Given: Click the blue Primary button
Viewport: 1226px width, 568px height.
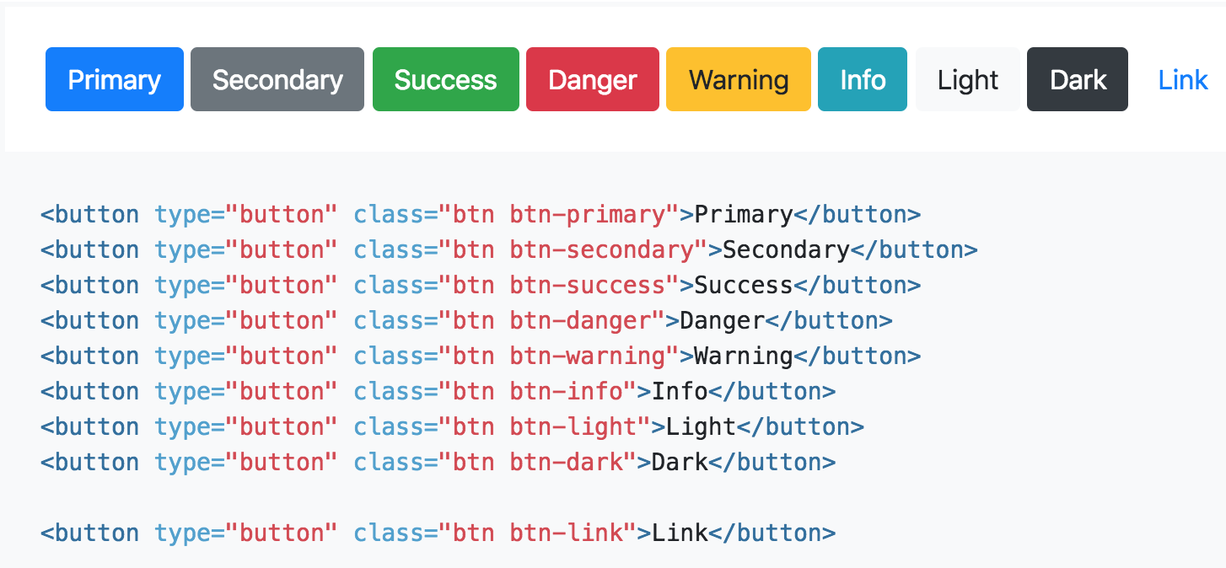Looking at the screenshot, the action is [x=114, y=79].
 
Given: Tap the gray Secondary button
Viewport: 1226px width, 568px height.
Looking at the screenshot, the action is [x=277, y=79].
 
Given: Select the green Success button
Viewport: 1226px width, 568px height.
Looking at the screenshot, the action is [x=445, y=79].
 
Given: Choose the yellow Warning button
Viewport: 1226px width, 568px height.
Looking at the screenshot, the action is [x=739, y=79].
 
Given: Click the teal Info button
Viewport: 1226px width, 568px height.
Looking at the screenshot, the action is [x=863, y=79].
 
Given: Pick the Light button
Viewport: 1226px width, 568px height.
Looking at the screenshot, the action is [x=968, y=79].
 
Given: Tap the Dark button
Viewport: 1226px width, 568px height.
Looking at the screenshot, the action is [x=1078, y=79].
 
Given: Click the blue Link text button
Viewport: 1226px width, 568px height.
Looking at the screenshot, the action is [x=1183, y=79].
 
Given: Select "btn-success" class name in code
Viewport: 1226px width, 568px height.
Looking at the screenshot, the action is [x=588, y=286].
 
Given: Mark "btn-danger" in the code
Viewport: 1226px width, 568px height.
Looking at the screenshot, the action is [x=580, y=321].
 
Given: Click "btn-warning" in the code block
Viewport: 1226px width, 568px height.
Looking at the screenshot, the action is [x=588, y=356].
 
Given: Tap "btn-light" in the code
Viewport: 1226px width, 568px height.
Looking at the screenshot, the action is [x=573, y=427].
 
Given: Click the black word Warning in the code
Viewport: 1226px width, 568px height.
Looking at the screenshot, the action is [x=744, y=356].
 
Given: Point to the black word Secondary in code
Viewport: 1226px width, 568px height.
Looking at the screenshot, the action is [x=786, y=250].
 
